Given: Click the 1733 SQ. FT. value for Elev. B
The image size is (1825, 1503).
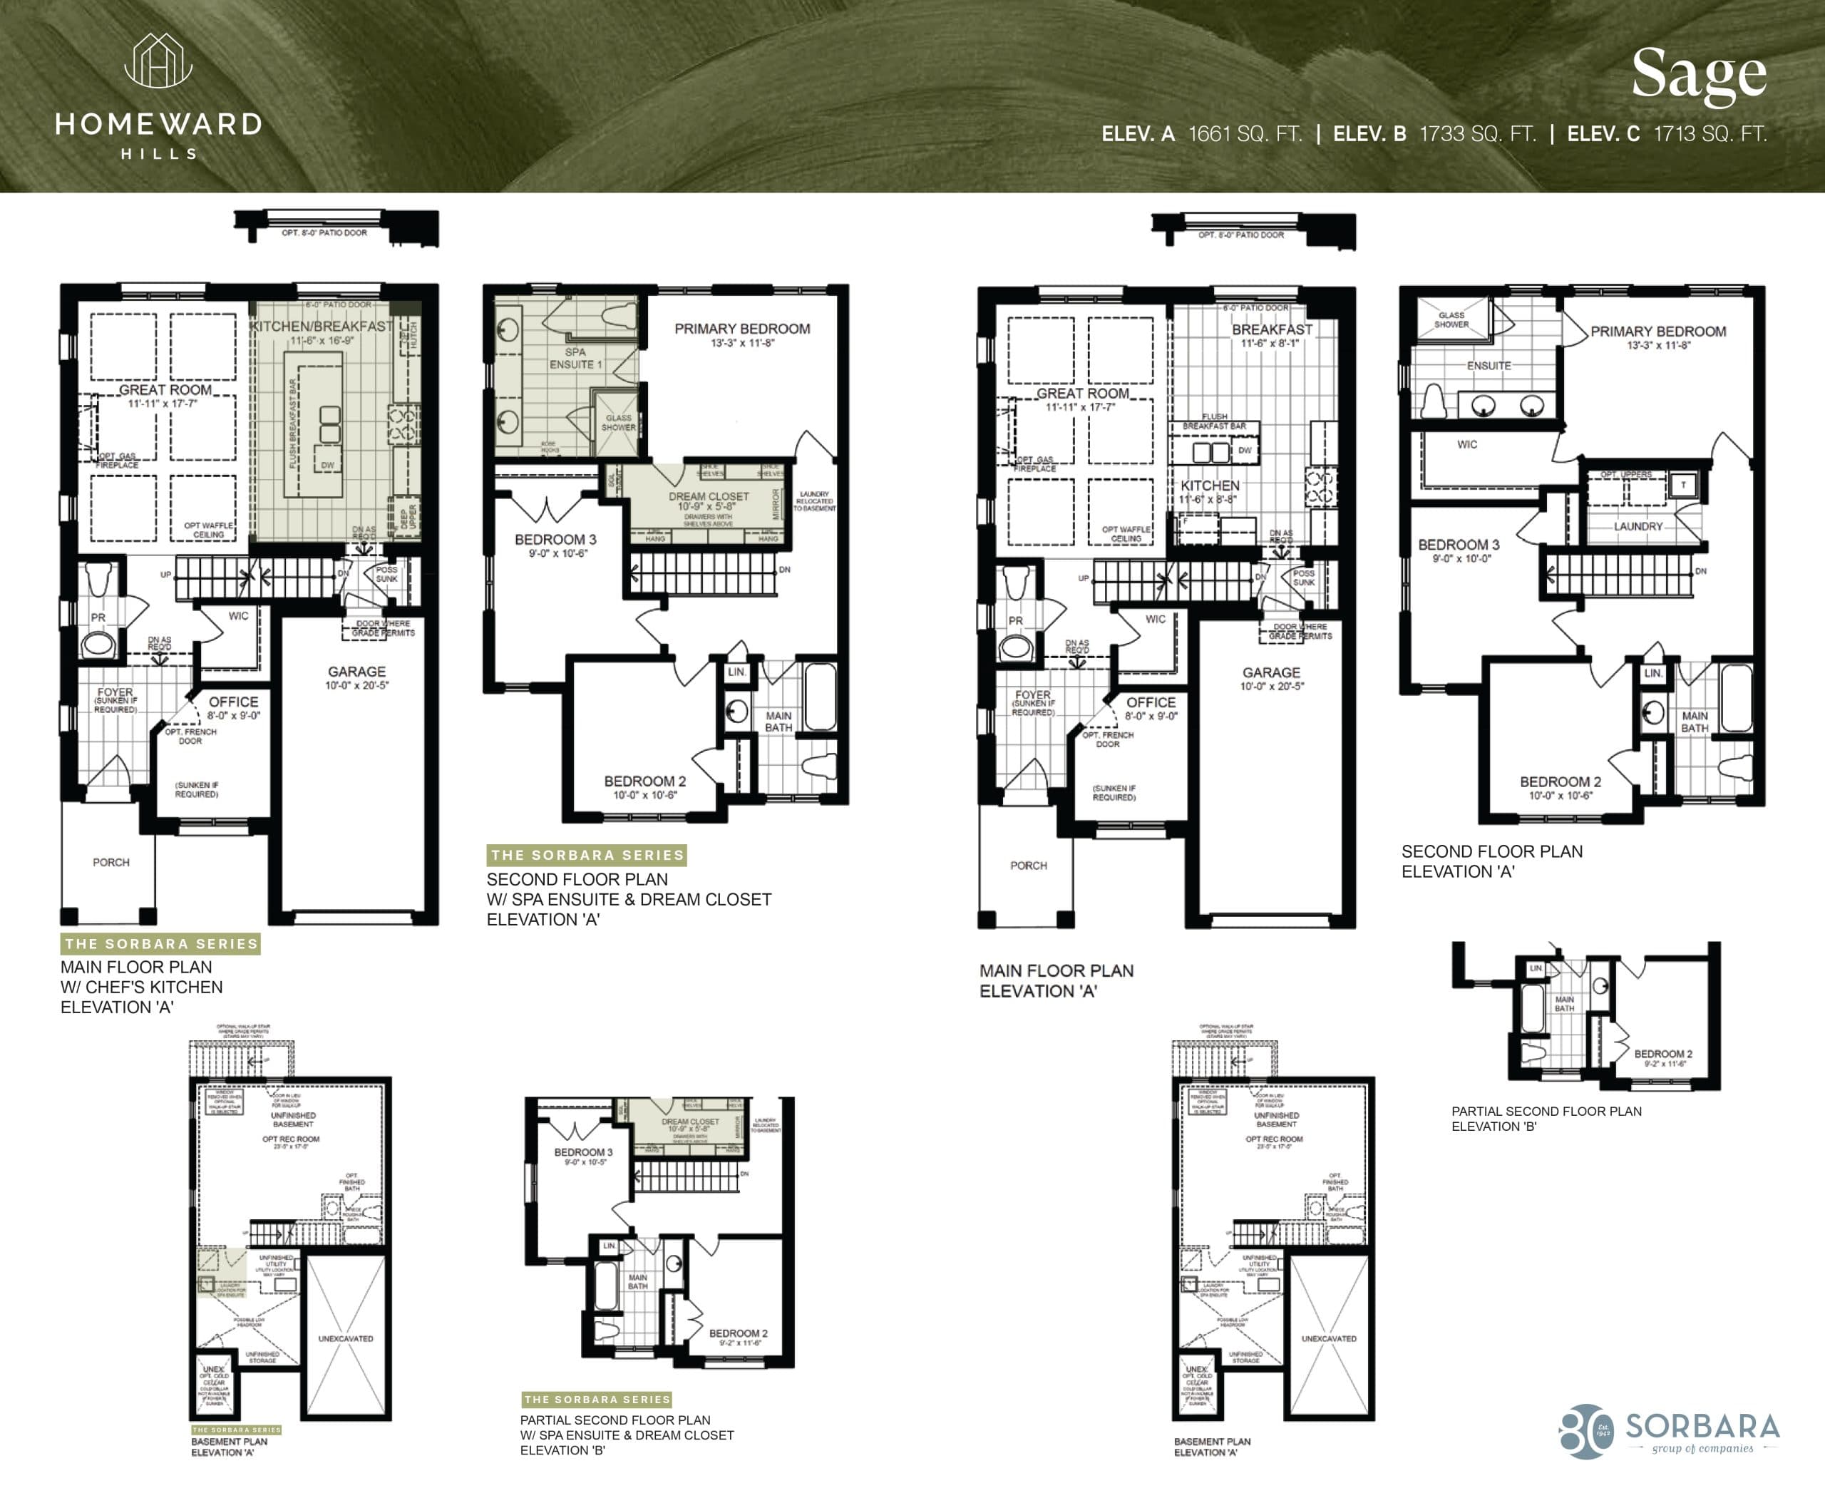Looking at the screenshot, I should (x=1478, y=134).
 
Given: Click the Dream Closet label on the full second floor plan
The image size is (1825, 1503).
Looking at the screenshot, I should (x=708, y=496).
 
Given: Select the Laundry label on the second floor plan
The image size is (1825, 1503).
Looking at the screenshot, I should (x=1637, y=526).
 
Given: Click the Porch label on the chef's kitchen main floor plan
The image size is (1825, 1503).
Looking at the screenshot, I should (x=110, y=862).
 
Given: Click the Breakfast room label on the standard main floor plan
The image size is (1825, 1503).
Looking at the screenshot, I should (x=1272, y=330).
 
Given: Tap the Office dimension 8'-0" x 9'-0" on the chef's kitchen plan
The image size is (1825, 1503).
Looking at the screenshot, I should (x=234, y=716).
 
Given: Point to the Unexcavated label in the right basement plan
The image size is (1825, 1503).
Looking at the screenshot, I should (x=1328, y=1338).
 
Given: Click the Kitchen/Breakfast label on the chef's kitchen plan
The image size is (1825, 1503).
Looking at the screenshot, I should (x=322, y=327).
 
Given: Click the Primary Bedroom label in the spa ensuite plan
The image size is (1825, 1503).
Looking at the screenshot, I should (x=742, y=329).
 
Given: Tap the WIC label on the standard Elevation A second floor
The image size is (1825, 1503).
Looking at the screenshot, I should (x=1466, y=444).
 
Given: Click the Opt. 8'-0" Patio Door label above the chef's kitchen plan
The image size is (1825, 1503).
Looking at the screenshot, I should (x=324, y=233).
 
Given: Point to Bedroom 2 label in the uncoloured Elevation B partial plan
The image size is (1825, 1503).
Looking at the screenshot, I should (x=1662, y=1054).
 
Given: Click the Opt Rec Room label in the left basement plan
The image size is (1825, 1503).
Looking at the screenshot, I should (x=291, y=1139).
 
